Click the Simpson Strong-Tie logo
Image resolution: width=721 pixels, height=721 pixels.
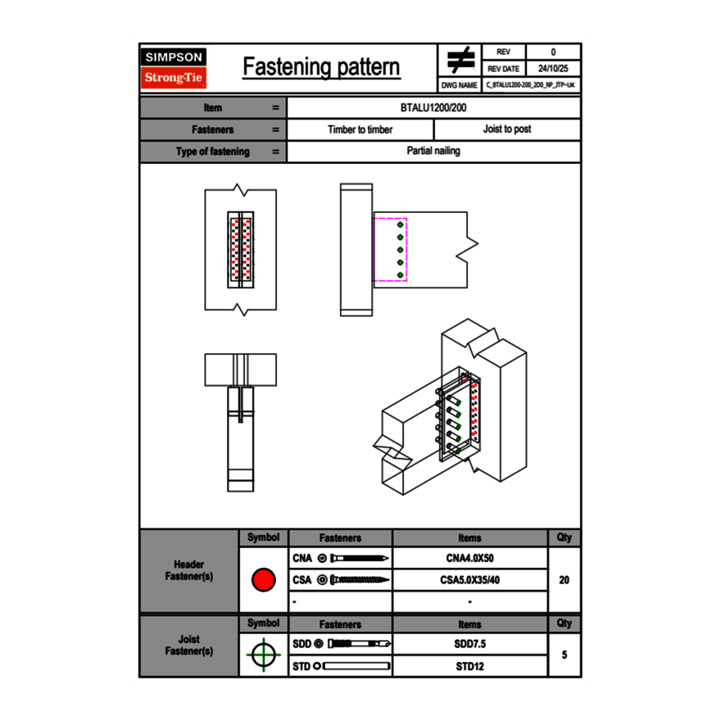pos(175,68)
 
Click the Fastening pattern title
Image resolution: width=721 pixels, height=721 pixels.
pos(321,67)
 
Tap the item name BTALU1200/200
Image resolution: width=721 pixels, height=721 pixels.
pos(433,107)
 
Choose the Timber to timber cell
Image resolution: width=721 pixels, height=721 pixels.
pos(360,129)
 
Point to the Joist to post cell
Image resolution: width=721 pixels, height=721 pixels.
pos(507,129)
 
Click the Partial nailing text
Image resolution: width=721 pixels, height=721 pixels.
pos(433,152)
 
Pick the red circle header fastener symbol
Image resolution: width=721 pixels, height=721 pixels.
pos(263,580)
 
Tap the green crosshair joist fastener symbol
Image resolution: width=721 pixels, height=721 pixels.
pos(263,655)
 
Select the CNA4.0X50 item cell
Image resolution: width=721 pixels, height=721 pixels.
pos(469,559)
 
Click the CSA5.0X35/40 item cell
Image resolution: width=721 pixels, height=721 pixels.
pos(469,580)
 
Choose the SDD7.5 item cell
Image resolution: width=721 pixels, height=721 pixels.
pos(469,644)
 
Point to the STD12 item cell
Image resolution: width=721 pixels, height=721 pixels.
pos(469,666)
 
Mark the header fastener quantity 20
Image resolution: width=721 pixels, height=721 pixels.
pos(564,580)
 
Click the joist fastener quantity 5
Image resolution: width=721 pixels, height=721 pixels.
pos(564,655)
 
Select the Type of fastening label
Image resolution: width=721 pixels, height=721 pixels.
pos(212,152)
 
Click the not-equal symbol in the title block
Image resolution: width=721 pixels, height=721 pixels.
pos(460,60)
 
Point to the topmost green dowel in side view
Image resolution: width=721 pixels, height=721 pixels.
pos(400,224)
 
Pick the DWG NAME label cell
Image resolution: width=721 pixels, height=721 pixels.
pos(460,84)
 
